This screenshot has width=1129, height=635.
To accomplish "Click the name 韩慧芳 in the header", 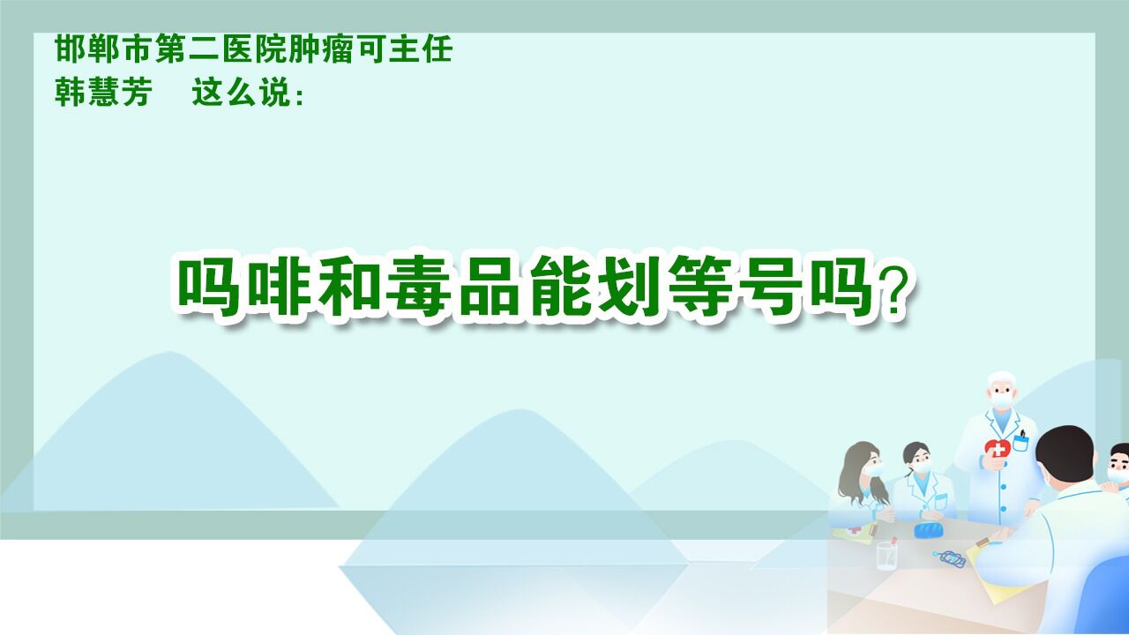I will [102, 93].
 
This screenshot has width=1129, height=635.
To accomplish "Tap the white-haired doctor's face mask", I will [1001, 399].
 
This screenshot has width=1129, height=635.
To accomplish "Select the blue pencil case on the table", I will [928, 530].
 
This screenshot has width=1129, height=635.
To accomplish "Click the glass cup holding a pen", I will [886, 554].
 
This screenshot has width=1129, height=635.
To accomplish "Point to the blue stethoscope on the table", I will [951, 557].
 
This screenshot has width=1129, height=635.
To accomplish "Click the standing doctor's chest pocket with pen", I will [1021, 440].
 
